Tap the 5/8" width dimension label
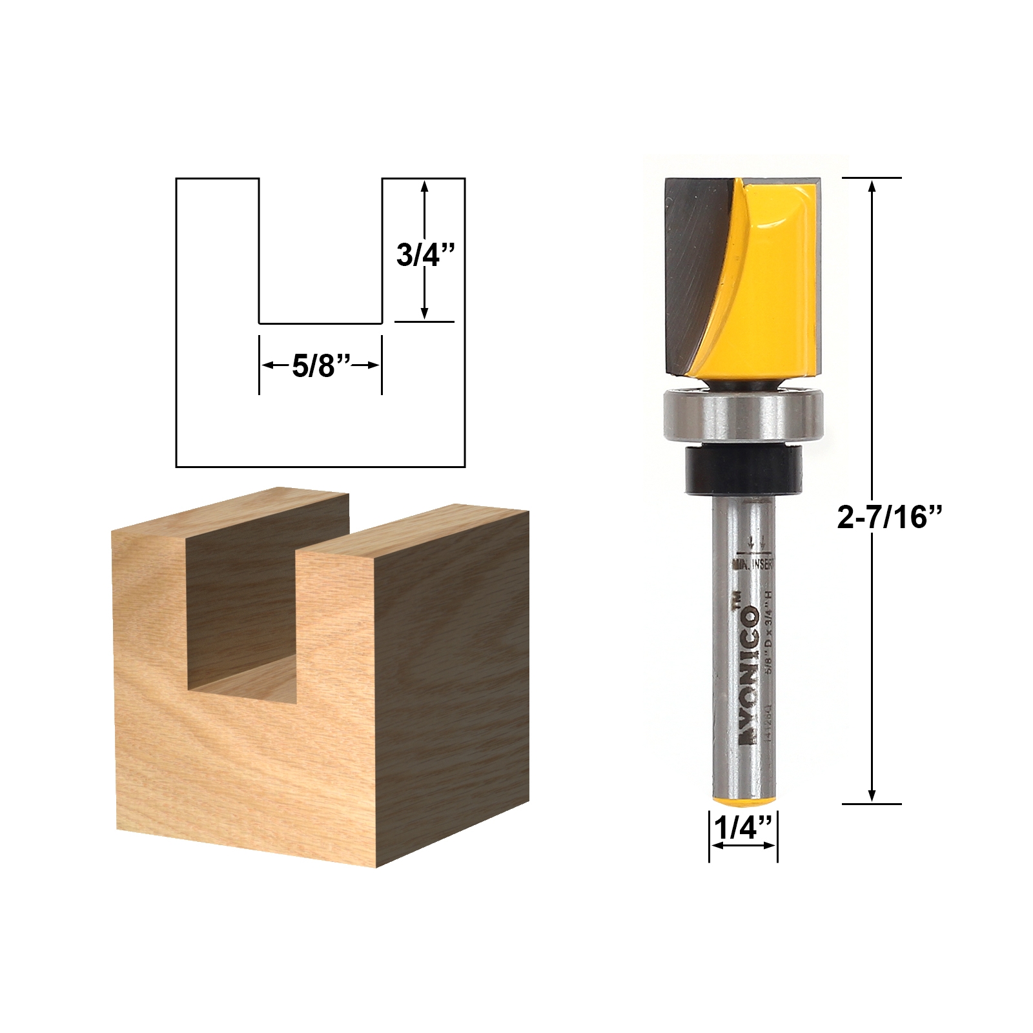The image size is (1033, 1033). click(320, 366)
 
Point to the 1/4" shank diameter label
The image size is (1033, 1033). click(742, 827)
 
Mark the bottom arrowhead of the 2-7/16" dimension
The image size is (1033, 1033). click(872, 795)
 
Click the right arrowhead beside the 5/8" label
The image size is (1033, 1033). click(373, 365)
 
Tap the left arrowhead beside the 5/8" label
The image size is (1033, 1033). click(267, 365)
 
